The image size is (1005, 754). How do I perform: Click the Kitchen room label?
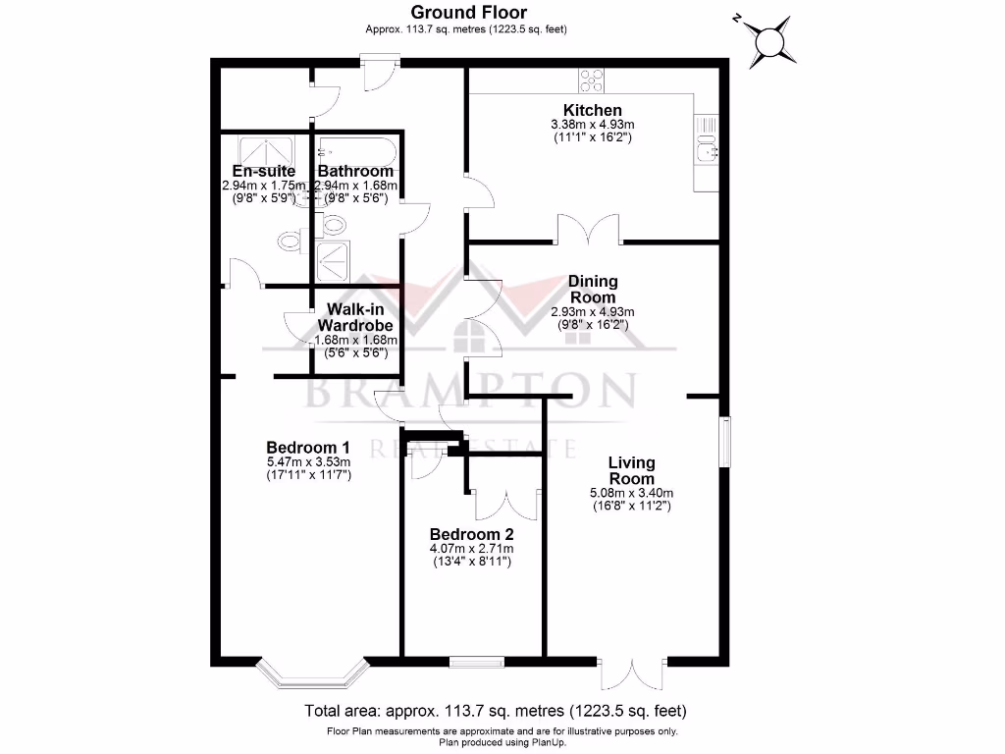pos(592,110)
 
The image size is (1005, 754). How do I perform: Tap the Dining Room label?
pos(593,290)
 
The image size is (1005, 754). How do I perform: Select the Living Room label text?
pos(631,470)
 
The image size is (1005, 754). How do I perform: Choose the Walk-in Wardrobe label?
pos(354,317)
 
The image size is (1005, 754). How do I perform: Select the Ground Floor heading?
pos(468,13)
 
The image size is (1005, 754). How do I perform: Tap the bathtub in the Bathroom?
pos(356,151)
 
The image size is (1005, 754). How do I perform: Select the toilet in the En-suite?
pos(290,242)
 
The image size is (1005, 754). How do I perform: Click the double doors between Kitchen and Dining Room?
pos(589,232)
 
